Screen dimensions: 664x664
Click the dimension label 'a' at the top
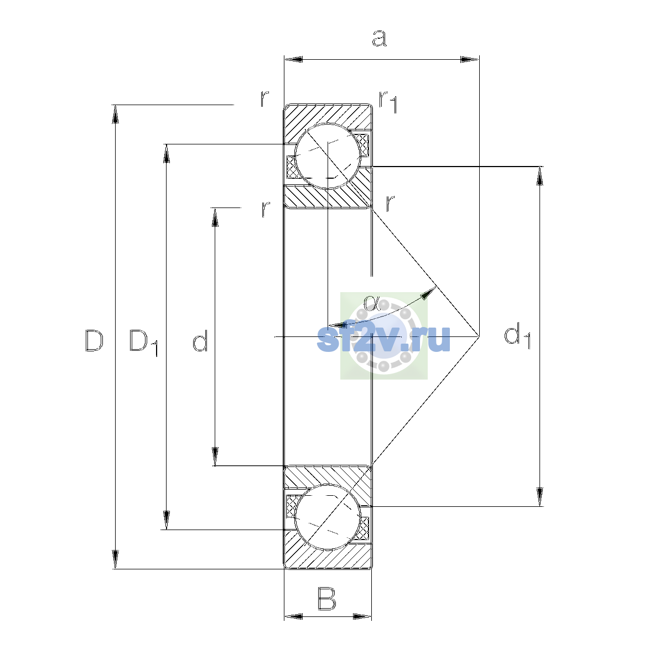379,38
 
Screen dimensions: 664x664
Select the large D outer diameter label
94,340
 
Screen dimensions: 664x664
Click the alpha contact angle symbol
371,303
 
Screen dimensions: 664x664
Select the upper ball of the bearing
328,156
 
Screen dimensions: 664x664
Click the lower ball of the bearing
328,517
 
